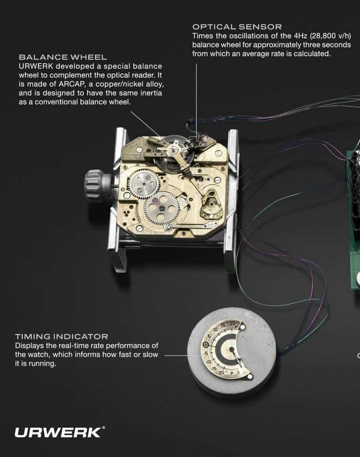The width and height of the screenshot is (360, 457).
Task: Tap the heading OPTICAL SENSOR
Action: click(237, 27)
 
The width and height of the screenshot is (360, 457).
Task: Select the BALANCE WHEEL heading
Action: click(63, 57)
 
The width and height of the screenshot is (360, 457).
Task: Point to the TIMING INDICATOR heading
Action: click(62, 337)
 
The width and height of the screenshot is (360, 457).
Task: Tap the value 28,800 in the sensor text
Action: click(323, 36)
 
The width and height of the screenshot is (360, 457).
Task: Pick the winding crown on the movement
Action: click(94, 186)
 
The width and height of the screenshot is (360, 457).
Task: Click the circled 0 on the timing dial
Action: click(205, 345)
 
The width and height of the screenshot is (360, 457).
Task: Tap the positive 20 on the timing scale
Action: click(232, 324)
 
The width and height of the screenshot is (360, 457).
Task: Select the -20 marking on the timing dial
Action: click(221, 373)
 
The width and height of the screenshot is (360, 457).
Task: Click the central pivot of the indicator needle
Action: click(232, 349)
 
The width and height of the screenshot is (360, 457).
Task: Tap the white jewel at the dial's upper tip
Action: click(242, 327)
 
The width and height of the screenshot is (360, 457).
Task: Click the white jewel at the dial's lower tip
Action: click(250, 377)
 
